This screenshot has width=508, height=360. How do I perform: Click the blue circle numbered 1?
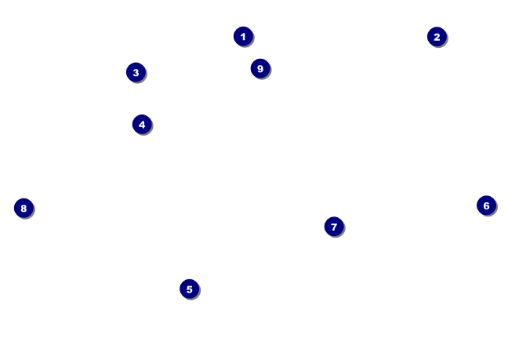click(243, 36)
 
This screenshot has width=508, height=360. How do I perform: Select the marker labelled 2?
click(437, 37)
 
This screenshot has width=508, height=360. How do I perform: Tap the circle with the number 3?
click(136, 72)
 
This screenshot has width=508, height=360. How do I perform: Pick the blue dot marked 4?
click(142, 124)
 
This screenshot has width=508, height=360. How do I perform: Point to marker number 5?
click(189, 289)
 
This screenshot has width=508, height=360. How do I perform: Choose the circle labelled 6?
click(486, 205)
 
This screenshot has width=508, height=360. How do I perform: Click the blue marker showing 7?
click(334, 227)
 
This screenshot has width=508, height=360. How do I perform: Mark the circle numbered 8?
click(24, 208)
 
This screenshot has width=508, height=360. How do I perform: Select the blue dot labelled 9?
click(260, 68)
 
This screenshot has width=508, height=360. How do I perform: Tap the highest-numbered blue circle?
click(260, 68)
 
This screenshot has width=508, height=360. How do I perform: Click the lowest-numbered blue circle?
click(243, 36)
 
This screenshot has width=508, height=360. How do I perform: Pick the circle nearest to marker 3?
click(142, 124)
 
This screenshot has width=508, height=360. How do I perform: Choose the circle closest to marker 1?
click(260, 68)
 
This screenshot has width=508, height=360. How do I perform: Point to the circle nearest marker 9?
click(243, 36)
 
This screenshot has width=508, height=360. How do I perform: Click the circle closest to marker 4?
click(136, 72)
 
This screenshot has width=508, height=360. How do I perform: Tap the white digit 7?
click(334, 227)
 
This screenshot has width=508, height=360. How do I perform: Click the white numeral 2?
click(437, 37)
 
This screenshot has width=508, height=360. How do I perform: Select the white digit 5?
click(189, 289)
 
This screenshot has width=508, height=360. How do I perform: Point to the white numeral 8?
click(24, 208)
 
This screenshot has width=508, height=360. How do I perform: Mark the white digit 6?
click(486, 205)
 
